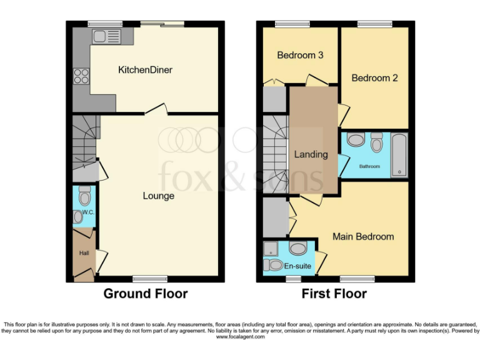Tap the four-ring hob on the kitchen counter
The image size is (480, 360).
[81, 76]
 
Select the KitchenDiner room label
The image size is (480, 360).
[145, 70]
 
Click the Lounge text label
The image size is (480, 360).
[158, 196]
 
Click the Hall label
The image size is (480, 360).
[83, 253]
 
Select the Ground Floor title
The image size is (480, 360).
[145, 294]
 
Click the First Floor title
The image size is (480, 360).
[334, 294]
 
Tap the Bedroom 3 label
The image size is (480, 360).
[300, 55]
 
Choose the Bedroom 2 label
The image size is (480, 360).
[374, 78]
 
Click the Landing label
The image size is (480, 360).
[311, 154]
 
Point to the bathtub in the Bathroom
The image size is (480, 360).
[399, 155]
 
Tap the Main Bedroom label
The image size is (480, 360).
[363, 236]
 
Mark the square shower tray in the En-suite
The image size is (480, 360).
[272, 249]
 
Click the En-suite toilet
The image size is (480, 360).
[272, 265]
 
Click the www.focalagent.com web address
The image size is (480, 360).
[240, 337]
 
